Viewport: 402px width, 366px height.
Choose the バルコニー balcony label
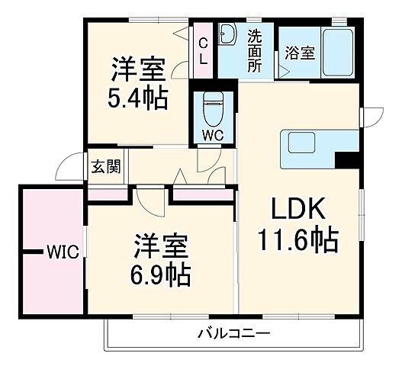pos(233,332)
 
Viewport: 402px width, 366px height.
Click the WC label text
pos(211,136)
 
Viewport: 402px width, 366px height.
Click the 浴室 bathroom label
pos(297,53)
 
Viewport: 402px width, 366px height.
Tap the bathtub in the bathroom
pos(335,52)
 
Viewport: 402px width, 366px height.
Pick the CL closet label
pos(203,51)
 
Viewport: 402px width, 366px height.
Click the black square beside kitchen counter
pos(347,161)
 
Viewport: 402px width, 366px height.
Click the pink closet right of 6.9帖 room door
pos(201,195)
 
